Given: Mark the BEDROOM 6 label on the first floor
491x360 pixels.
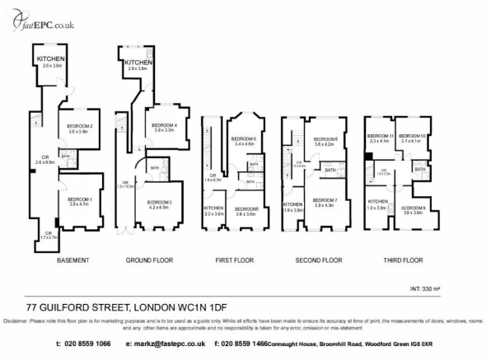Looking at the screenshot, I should click(x=245, y=138).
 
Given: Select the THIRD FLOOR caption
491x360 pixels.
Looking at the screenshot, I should click(x=403, y=260).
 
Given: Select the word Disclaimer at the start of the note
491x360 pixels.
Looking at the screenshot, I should click(x=16, y=320).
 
